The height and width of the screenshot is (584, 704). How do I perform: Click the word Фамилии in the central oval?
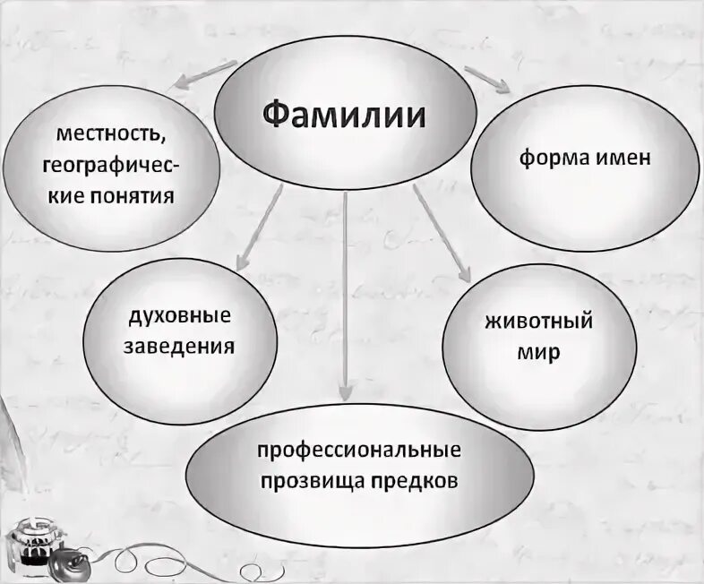click(344, 116)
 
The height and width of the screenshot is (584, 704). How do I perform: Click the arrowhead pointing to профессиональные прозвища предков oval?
click(346, 395)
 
